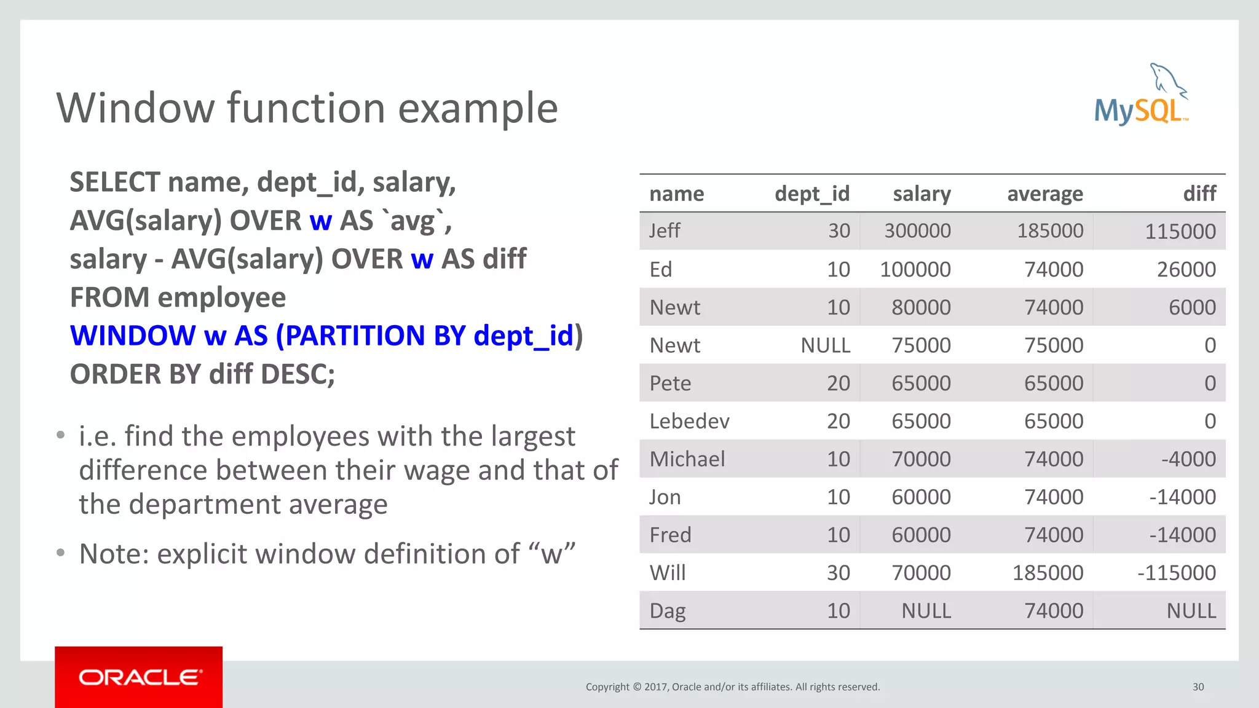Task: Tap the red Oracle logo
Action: coord(138,677)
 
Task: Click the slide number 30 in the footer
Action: coord(1198,687)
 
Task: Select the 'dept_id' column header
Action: coord(811,194)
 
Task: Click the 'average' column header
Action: coord(1044,194)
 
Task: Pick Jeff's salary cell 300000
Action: coord(917,231)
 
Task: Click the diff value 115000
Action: coord(1180,232)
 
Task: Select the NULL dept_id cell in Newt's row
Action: coord(825,345)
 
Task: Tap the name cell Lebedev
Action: coord(689,422)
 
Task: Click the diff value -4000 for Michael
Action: coord(1188,459)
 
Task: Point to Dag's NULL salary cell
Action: coord(926,611)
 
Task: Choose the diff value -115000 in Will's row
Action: coord(1176,573)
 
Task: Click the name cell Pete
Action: coord(670,383)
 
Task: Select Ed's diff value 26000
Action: coord(1186,269)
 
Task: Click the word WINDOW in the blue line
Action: coord(132,336)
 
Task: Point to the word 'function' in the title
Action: coord(306,108)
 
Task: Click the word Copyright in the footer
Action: coord(607,687)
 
